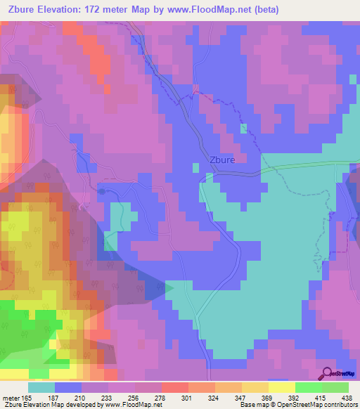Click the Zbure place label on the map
[x=227, y=160]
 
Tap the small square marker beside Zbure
[x=196, y=167]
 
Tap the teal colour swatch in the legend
[x=41, y=387]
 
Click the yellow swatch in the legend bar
[x=282, y=387]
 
